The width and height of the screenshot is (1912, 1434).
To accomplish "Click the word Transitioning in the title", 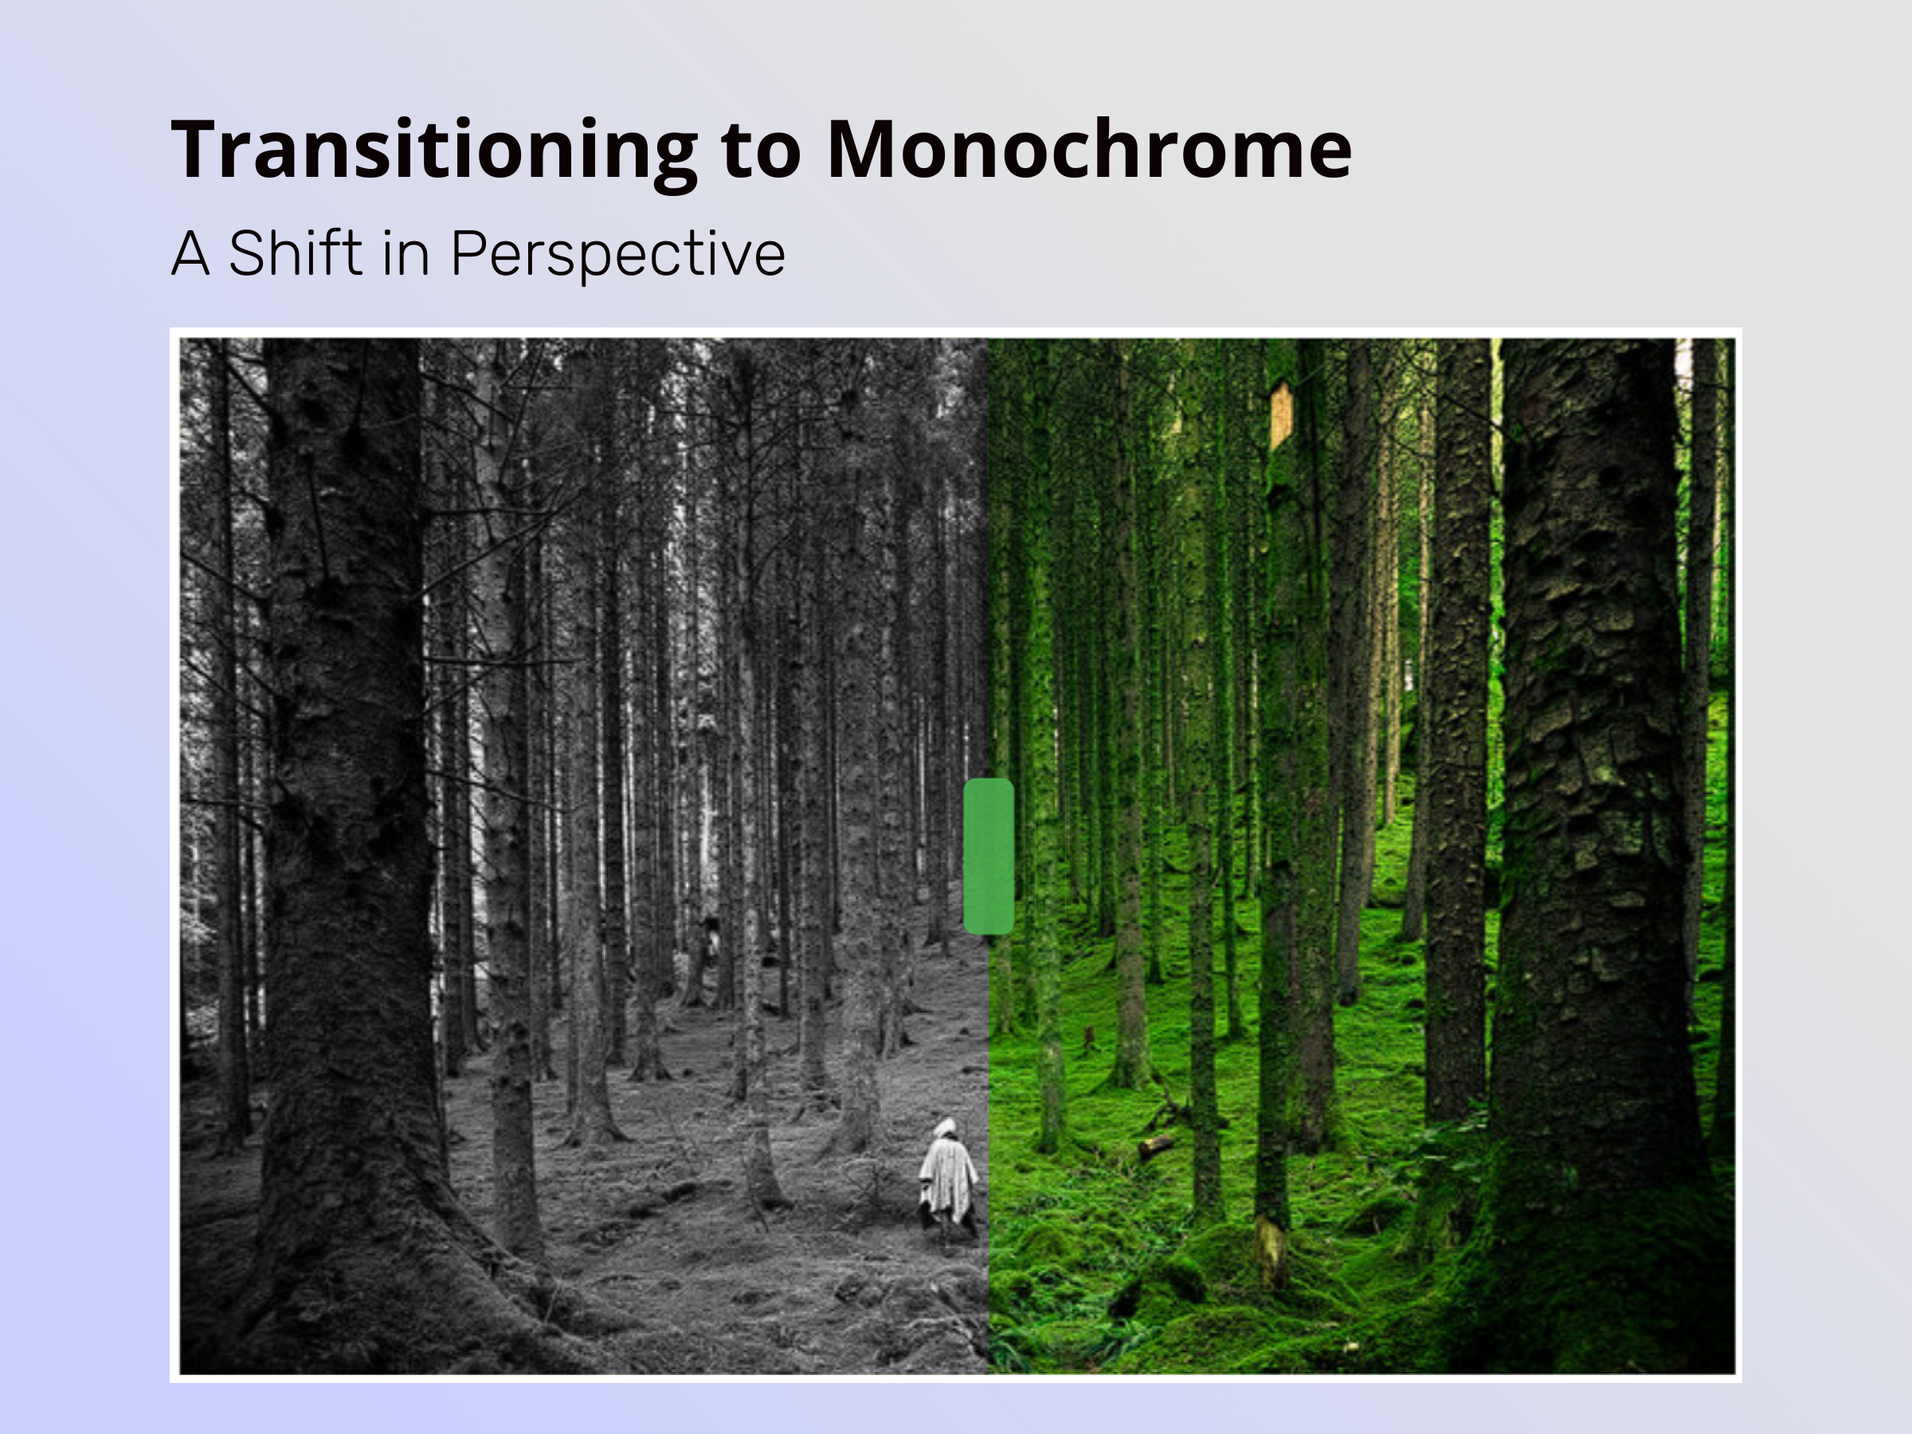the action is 435,151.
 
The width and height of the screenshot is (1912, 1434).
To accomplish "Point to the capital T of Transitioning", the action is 200,149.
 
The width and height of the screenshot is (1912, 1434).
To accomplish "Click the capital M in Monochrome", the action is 865,149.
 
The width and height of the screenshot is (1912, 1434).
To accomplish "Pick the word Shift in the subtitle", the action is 296,253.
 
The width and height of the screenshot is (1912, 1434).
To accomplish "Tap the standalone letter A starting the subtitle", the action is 191,253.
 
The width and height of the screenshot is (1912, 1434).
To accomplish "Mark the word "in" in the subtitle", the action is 406,253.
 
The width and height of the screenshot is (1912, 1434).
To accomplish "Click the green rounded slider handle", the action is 988,856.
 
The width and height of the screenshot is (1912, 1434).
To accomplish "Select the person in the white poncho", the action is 948,1181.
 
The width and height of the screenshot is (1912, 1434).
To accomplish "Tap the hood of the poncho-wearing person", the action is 945,1127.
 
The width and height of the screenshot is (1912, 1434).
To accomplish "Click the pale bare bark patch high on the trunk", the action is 1281,415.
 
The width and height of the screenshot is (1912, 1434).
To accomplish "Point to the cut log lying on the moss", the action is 1156,1146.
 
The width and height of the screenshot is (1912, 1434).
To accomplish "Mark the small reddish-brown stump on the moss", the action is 1089,1037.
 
